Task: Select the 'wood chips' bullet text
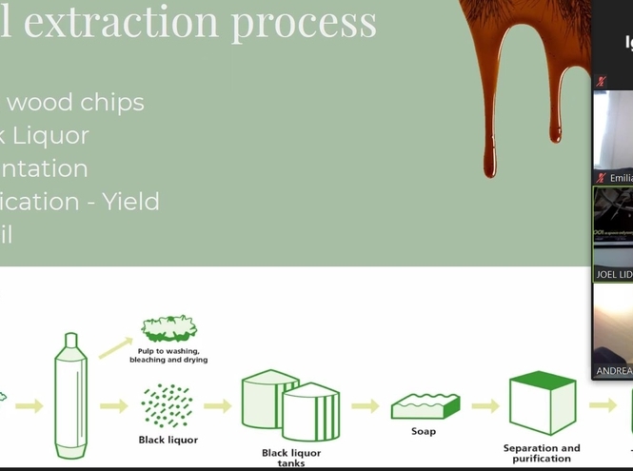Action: (75, 102)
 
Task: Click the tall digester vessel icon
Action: (70, 394)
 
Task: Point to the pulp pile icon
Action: (168, 329)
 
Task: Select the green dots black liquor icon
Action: (168, 405)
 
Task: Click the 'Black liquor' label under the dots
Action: (168, 440)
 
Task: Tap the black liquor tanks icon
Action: (290, 404)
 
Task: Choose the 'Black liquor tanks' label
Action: (290, 458)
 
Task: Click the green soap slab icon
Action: (425, 406)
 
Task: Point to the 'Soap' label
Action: (424, 431)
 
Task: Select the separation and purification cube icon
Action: (542, 402)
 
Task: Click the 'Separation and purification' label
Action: (541, 453)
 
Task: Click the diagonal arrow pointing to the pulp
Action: (115, 347)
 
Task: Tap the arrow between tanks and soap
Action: (365, 406)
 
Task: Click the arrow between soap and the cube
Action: (485, 406)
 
